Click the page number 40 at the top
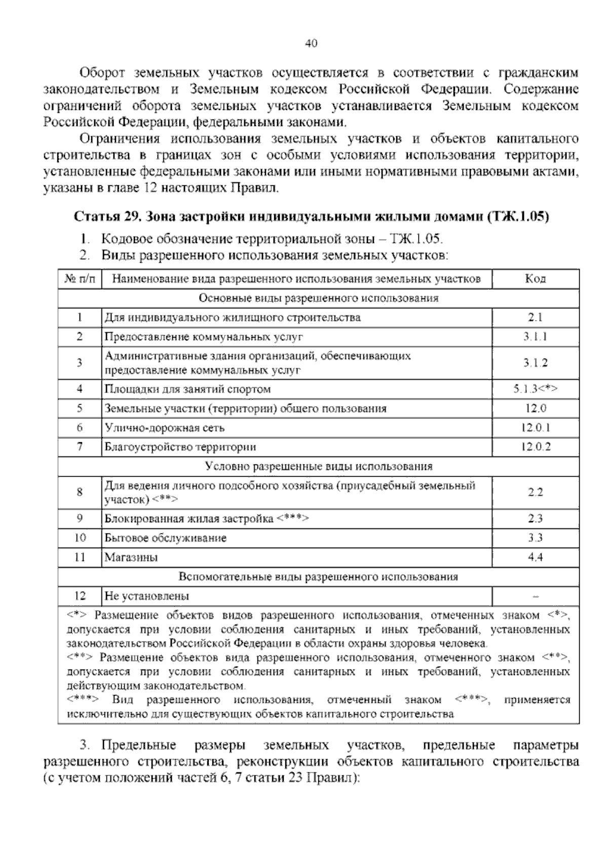(x=311, y=44)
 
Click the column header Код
(x=535, y=279)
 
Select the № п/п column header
(x=80, y=279)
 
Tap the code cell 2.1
(x=535, y=318)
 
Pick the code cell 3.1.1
(x=535, y=337)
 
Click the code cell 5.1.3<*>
(x=535, y=389)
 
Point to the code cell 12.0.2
(x=535, y=447)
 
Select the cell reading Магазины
(x=131, y=558)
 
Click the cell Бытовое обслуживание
(x=166, y=538)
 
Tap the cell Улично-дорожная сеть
(x=165, y=427)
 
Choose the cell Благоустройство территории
(x=180, y=447)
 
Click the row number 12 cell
(x=80, y=596)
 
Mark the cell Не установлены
(x=147, y=596)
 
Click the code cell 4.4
(x=535, y=558)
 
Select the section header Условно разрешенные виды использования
(x=318, y=466)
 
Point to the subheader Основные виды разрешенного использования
(x=318, y=298)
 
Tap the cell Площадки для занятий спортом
(x=187, y=389)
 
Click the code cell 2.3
(x=535, y=519)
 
